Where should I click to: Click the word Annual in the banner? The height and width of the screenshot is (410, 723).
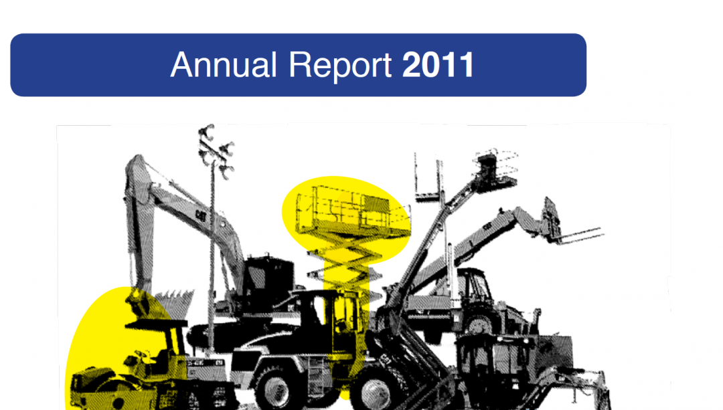pyautogui.click(x=224, y=64)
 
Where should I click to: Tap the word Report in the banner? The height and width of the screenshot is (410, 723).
pyautogui.click(x=340, y=66)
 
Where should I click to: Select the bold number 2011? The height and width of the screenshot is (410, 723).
pyautogui.click(x=438, y=65)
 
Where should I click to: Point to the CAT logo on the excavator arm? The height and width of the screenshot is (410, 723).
pyautogui.click(x=201, y=215)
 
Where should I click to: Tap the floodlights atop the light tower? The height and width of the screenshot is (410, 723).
pyautogui.click(x=215, y=150)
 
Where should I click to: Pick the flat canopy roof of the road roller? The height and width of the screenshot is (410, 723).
pyautogui.click(x=156, y=324)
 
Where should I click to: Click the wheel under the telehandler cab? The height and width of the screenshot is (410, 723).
pyautogui.click(x=479, y=326)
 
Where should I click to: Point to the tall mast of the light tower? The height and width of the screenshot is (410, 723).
pyautogui.click(x=212, y=258)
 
